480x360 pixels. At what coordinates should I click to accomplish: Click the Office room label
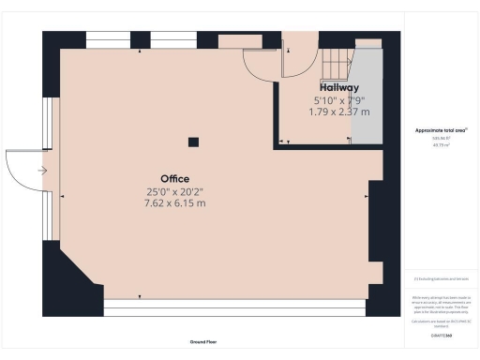point(174,179)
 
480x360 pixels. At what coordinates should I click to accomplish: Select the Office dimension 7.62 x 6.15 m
point(174,203)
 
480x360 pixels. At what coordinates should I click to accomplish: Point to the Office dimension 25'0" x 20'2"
point(174,191)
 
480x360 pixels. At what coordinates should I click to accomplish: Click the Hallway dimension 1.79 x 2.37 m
point(338,112)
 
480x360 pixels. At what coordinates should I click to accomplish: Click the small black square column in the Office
point(192,142)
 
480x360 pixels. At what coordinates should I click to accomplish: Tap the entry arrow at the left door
point(41,171)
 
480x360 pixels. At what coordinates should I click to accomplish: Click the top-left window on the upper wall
point(107,40)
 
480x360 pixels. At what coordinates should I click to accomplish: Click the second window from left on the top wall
point(172,40)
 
